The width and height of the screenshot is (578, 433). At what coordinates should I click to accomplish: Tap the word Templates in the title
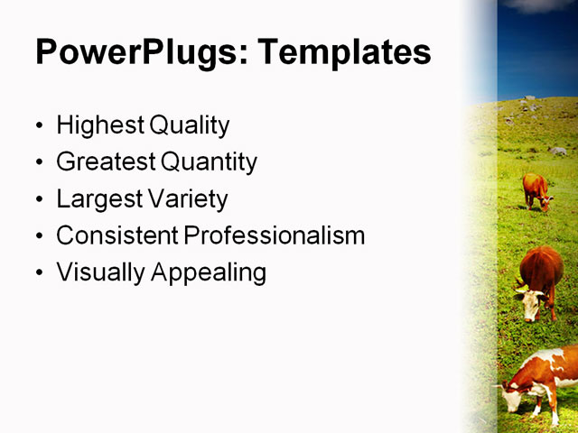(344, 52)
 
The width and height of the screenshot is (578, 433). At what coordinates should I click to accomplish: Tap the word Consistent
(117, 235)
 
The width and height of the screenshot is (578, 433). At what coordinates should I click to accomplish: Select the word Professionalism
(275, 235)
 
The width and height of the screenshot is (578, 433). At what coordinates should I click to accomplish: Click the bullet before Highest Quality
(38, 126)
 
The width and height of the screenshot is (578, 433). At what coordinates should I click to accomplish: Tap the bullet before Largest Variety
(38, 199)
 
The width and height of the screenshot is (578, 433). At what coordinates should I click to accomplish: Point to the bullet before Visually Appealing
(38, 272)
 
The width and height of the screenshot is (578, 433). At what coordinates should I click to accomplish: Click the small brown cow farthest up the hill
(536, 190)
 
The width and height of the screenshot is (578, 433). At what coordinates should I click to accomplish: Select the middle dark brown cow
(541, 275)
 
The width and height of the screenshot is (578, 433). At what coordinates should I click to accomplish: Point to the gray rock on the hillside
(557, 151)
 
